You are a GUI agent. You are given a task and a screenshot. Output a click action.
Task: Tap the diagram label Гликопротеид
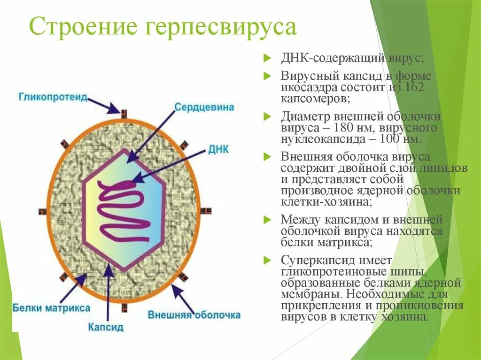tap(53, 97)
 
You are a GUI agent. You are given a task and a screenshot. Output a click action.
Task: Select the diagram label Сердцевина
tap(204, 107)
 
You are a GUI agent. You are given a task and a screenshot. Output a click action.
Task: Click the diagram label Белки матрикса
tap(51, 308)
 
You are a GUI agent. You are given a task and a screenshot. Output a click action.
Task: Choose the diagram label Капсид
tap(106, 326)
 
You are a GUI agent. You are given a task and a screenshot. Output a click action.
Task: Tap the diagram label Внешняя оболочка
tap(194, 315)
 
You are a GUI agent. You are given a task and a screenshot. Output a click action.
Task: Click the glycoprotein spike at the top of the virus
tap(124, 113)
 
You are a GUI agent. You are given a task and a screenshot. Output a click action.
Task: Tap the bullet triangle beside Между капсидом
tap(267, 219)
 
